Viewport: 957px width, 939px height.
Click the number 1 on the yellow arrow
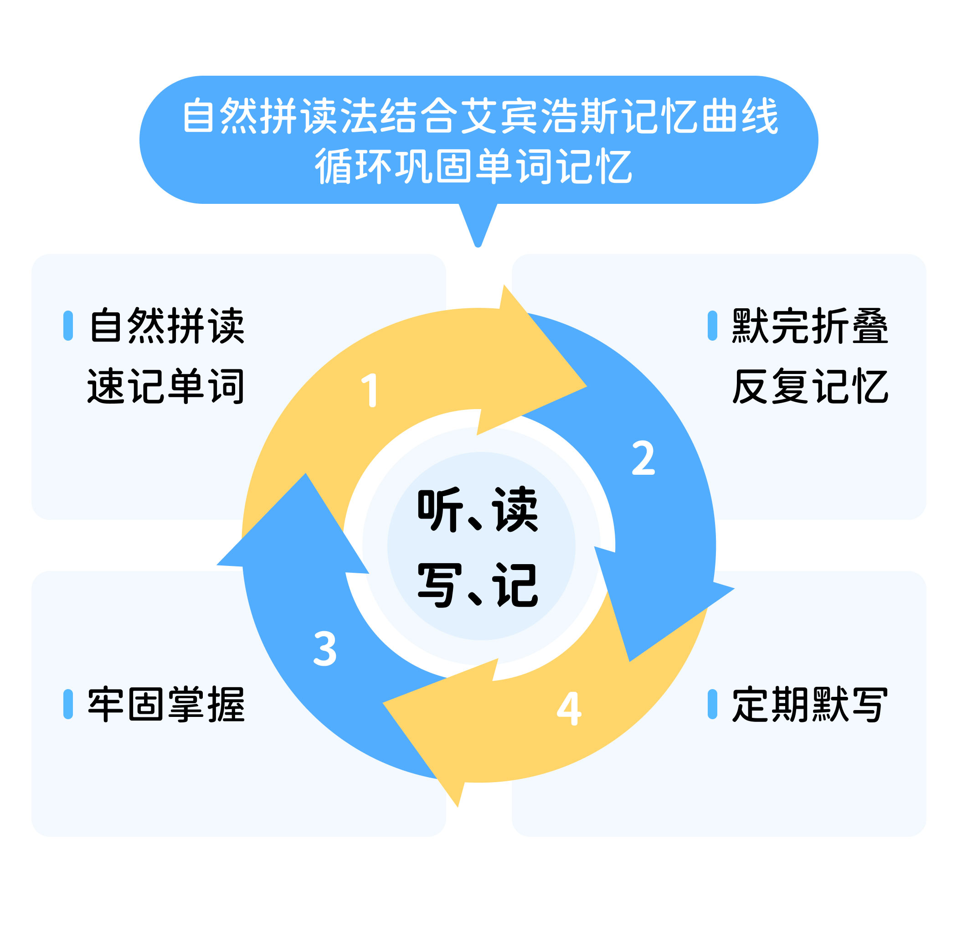point(370,390)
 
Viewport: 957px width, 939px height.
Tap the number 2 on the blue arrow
point(643,458)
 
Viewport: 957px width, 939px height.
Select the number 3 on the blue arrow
point(325,648)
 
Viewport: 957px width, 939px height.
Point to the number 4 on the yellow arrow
point(569,708)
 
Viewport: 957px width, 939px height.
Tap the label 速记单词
point(165,386)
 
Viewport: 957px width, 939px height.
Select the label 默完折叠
point(810,326)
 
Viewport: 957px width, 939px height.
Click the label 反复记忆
point(810,386)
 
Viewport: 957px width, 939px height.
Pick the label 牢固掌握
point(166,704)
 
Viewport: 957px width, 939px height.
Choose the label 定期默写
point(810,704)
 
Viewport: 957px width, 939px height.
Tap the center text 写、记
point(478,586)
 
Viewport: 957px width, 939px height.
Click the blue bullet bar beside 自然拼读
point(68,326)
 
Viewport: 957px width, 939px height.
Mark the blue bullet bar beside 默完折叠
point(712,326)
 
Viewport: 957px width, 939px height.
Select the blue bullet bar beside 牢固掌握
point(68,704)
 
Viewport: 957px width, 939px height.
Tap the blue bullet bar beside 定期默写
point(712,704)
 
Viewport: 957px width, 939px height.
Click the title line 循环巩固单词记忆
point(473,166)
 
